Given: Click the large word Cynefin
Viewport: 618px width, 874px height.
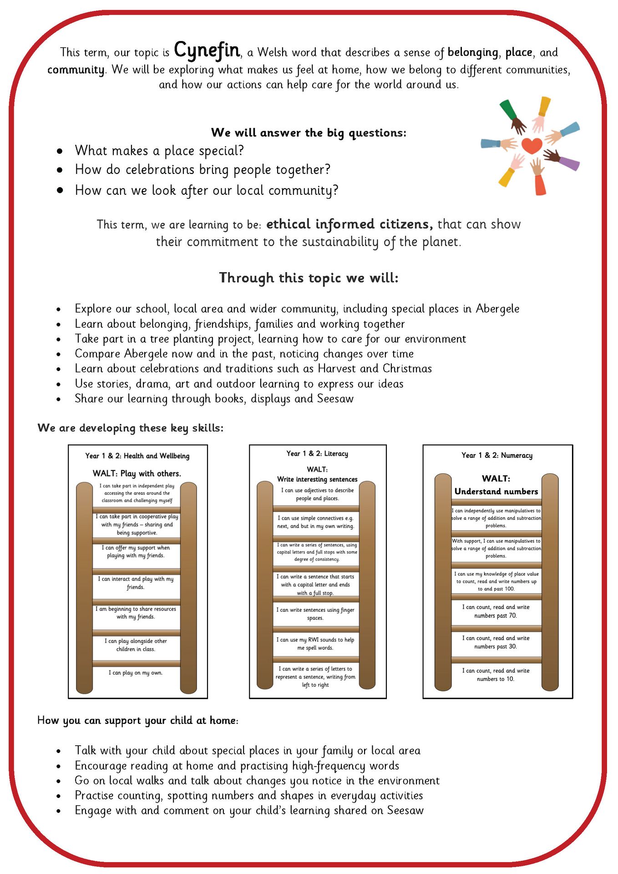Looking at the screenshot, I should [x=207, y=51].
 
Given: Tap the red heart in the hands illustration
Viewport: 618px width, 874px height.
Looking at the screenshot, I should [x=532, y=145].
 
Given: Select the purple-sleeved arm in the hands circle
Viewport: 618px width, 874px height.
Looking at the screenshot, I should [x=568, y=163].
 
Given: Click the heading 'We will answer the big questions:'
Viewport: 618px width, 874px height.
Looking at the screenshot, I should [x=309, y=133].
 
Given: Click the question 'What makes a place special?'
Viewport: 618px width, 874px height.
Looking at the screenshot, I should [x=159, y=151].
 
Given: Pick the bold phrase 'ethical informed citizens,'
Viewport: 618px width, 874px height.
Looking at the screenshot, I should [x=350, y=224].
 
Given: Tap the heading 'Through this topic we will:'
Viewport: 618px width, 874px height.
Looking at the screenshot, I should [x=309, y=278].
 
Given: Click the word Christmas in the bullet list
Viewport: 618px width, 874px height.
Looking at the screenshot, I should [x=407, y=368].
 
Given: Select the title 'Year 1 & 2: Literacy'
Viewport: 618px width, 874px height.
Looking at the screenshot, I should [x=317, y=453].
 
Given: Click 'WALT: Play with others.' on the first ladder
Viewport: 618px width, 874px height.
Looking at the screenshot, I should [x=137, y=473].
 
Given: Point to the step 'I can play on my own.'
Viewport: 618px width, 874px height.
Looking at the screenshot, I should [x=136, y=673].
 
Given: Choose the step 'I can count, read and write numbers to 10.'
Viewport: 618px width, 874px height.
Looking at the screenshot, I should [x=496, y=675].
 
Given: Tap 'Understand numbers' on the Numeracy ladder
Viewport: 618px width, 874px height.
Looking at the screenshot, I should [x=496, y=492].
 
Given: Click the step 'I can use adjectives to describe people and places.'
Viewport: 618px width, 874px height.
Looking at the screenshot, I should [x=317, y=494].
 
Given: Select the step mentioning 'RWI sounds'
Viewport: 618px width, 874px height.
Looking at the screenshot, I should [x=315, y=644].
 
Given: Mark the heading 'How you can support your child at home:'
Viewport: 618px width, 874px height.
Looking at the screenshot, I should [x=138, y=720].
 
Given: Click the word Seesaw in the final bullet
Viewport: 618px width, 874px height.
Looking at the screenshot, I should [x=405, y=810].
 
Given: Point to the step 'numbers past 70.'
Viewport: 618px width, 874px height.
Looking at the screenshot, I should [x=496, y=611].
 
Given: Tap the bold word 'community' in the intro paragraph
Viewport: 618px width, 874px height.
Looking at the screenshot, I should [x=76, y=70].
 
